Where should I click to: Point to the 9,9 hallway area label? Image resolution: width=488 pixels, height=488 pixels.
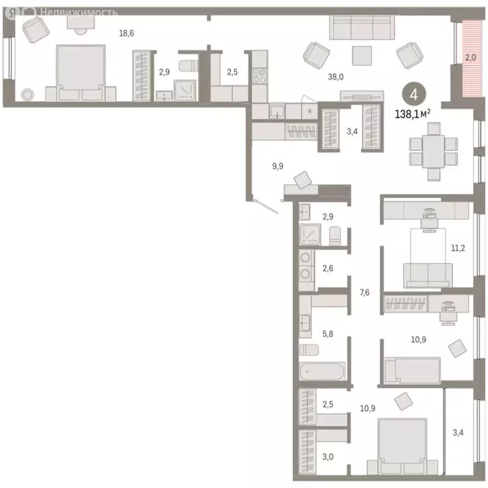pos(278,166)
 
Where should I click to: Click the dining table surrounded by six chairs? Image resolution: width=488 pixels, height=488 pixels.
pos(433,151)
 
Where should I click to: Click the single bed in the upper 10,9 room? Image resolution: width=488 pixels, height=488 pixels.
pos(412,369)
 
